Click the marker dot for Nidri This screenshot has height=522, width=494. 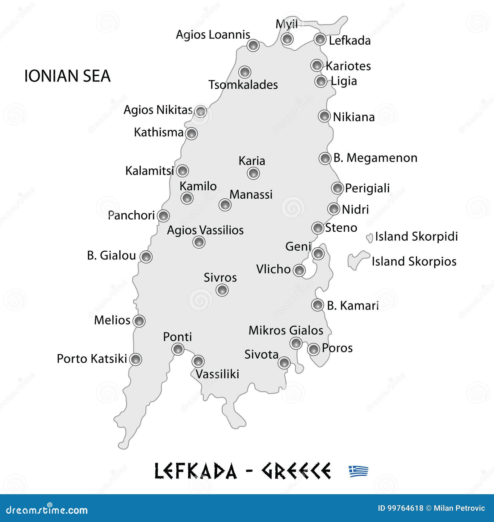[x=334, y=209]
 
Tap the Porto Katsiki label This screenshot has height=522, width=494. [x=92, y=359]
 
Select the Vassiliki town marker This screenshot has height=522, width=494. [x=198, y=361]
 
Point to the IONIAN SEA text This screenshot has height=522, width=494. [x=67, y=76]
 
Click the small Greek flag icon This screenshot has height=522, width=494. [x=358, y=471]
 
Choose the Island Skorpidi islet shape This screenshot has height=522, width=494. [x=369, y=238]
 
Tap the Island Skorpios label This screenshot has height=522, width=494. [x=414, y=262]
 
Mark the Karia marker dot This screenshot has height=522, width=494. [x=253, y=173]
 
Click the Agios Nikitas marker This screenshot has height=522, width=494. [x=201, y=111]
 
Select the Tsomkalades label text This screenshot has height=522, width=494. [x=243, y=85]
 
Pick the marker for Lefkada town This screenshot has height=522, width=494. [x=320, y=39]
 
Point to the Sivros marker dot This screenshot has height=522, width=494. [x=222, y=290]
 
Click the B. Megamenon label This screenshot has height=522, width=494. [x=375, y=158]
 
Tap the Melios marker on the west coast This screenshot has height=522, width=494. [x=139, y=321]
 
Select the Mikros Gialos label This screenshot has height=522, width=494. [x=286, y=330]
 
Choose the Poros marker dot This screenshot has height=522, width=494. [x=313, y=349]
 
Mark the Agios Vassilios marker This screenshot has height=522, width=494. [x=199, y=242]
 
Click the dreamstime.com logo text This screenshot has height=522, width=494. [x=47, y=510]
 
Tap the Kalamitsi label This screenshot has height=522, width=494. [x=149, y=171]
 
